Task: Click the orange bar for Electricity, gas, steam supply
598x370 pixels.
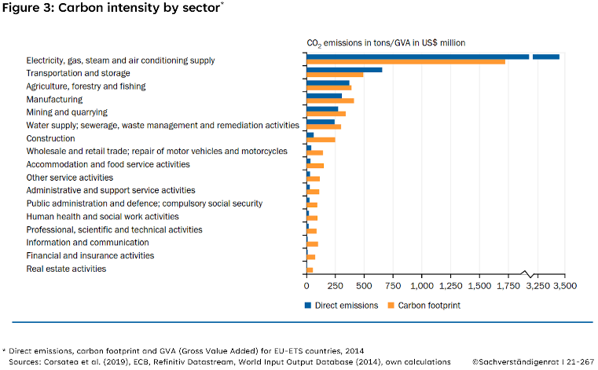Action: (405, 61)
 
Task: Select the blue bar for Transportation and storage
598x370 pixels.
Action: (344, 70)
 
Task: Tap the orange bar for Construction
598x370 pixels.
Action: (321, 139)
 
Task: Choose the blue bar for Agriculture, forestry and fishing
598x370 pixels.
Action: (328, 82)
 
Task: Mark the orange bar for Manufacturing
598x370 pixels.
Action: (330, 101)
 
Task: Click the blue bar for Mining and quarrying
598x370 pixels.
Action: (322, 108)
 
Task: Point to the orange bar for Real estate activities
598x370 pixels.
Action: (310, 269)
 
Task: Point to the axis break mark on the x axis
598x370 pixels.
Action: (528, 274)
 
